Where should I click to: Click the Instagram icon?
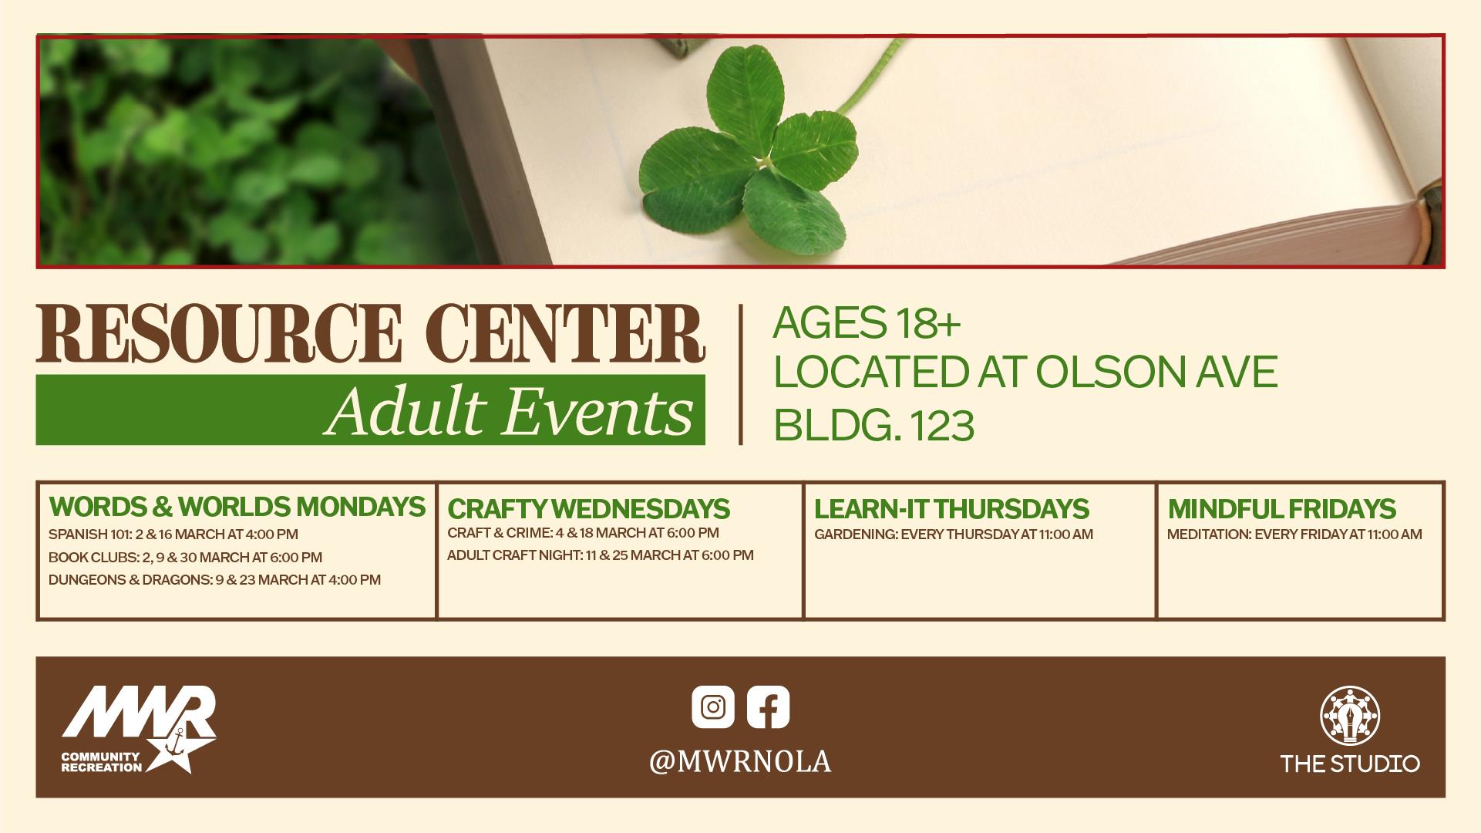[713, 707]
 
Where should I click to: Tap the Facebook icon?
[768, 707]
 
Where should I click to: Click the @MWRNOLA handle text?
[740, 762]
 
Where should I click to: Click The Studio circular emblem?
[1350, 717]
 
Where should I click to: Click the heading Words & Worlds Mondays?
[237, 507]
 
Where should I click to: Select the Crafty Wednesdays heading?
[588, 509]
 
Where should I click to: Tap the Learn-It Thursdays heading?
[951, 509]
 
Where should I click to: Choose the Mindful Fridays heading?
[1281, 509]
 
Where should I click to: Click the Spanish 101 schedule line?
[173, 535]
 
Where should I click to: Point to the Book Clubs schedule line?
[185, 557]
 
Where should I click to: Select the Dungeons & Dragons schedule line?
[214, 579]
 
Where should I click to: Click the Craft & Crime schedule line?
[583, 533]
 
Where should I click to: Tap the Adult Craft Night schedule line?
[600, 555]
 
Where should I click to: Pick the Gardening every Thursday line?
[954, 535]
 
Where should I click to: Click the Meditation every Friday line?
[1294, 535]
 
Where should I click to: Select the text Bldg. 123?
[873, 426]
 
